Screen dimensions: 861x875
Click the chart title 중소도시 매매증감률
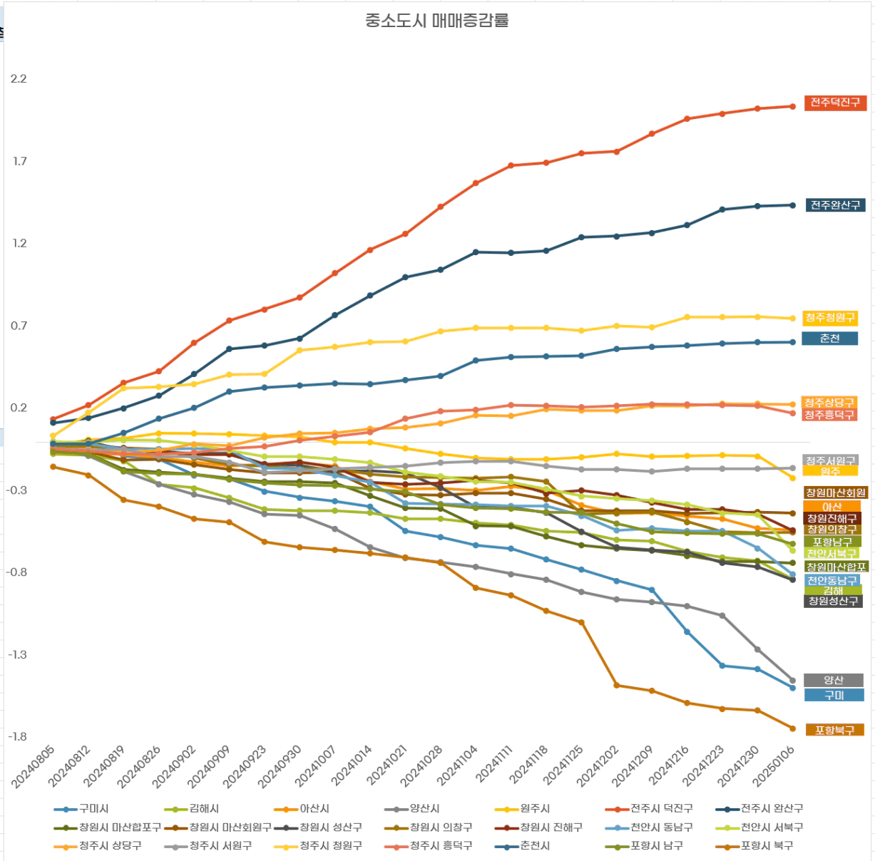pos(436,21)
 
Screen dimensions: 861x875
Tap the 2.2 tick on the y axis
pos(19,79)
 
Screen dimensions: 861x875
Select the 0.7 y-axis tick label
pos(19,326)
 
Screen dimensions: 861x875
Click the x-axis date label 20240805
pos(34,766)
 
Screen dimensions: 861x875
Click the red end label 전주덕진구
pos(835,103)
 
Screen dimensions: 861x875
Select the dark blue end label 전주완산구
pos(835,205)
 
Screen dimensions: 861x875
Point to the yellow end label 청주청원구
pos(829,318)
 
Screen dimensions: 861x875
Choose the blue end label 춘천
pos(829,339)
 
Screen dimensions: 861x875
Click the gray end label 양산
pos(833,680)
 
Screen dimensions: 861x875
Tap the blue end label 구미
pos(834,695)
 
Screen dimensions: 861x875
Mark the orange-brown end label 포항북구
pos(834,730)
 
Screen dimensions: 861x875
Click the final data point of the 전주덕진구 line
pos(792,106)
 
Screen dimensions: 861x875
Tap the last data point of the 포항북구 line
pos(792,728)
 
